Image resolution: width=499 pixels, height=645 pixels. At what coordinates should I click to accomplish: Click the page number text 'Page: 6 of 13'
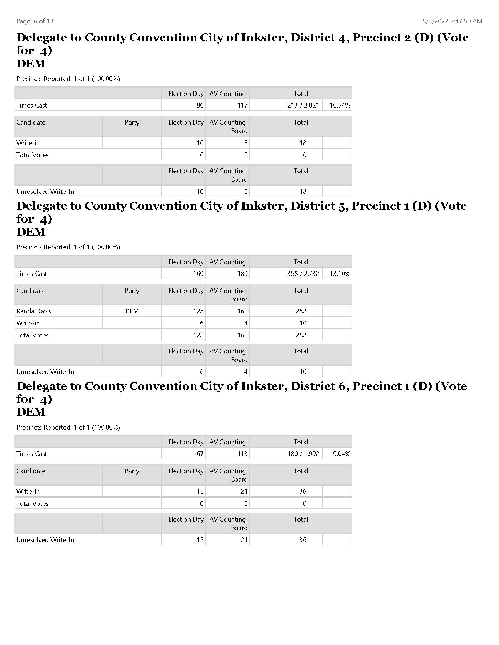[35, 21]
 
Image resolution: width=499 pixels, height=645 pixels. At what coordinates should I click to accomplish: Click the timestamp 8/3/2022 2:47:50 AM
[452, 21]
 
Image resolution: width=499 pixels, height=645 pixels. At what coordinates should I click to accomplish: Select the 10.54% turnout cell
[340, 106]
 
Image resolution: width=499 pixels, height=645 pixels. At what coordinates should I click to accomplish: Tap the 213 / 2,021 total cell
[303, 106]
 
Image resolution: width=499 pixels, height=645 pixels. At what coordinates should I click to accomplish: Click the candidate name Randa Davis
[34, 311]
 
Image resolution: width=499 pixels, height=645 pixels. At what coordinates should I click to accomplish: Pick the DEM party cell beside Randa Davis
[132, 311]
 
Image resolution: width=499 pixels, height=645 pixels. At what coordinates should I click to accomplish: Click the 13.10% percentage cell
[340, 274]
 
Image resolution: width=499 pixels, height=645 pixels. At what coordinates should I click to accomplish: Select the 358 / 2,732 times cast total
[303, 274]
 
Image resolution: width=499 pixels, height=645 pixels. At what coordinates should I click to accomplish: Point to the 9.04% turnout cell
[341, 454]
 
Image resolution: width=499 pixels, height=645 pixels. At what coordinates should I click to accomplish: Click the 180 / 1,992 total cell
[303, 454]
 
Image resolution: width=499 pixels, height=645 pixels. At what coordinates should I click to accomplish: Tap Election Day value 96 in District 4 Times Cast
[200, 106]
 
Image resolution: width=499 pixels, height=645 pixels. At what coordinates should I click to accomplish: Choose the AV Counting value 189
[242, 274]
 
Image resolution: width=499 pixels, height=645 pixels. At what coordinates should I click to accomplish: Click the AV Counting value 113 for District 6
[242, 454]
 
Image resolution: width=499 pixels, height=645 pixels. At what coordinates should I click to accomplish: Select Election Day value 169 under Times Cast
[198, 274]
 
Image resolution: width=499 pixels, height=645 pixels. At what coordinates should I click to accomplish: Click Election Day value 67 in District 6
[200, 454]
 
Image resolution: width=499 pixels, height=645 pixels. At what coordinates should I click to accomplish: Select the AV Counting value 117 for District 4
[242, 106]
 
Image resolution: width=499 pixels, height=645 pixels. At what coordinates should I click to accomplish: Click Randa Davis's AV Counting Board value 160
[242, 311]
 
